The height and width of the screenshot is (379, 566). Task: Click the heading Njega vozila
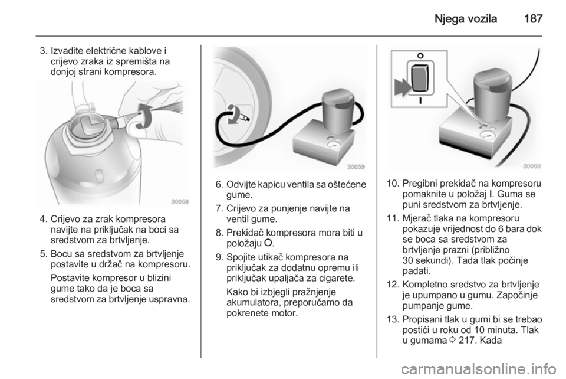(466, 18)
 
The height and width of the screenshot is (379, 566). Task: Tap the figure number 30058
(179, 202)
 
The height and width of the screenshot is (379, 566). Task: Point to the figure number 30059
(356, 166)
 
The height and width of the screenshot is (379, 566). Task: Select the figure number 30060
(532, 166)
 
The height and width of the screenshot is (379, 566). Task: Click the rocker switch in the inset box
(420, 79)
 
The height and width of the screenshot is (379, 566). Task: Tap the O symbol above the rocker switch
(420, 56)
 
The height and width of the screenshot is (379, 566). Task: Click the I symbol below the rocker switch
(420, 100)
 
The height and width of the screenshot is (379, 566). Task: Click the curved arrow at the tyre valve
(233, 115)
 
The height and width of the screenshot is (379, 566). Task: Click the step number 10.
(392, 184)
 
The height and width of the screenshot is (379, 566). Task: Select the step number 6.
(219, 185)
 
